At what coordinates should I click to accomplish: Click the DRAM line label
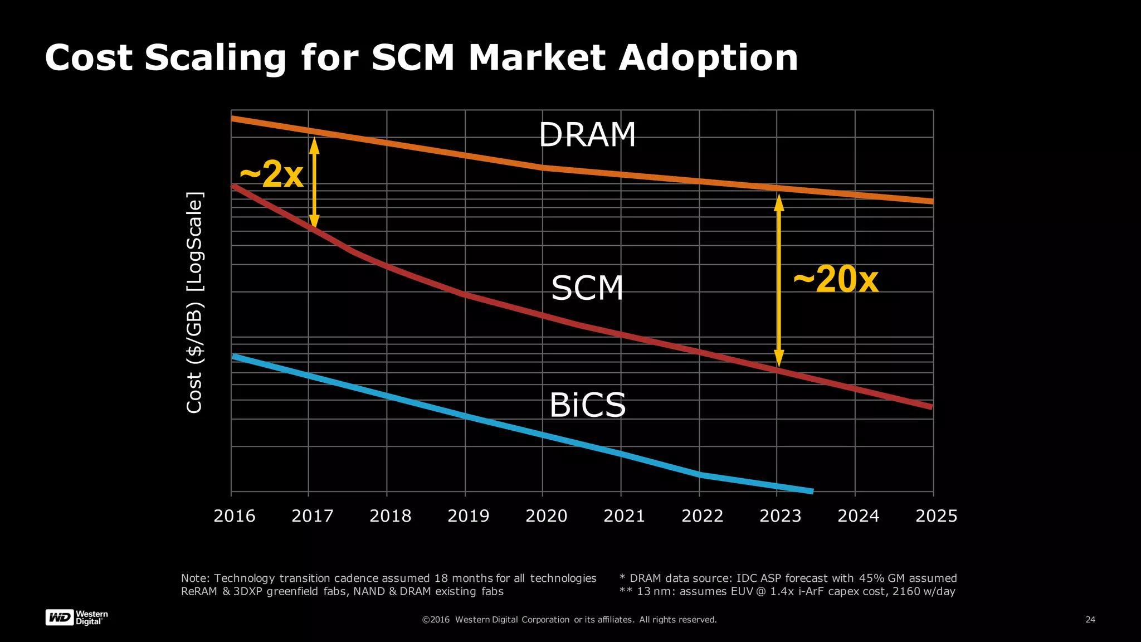coord(587,135)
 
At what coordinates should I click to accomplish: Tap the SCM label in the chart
coord(587,288)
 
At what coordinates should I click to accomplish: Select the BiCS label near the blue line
coord(587,405)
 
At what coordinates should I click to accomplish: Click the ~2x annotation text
coord(271,174)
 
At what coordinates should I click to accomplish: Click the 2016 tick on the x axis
coord(234,516)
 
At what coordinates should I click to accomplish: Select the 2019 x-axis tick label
coord(468,516)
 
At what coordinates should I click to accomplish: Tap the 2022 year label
coord(702,516)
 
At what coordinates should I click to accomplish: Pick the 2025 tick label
coord(936,516)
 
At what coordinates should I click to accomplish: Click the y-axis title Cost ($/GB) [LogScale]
coord(194,303)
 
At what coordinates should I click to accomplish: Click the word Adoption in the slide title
coord(708,57)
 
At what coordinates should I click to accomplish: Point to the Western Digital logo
coord(76,617)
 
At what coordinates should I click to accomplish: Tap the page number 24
coord(1090,620)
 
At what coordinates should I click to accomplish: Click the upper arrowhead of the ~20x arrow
coord(779,202)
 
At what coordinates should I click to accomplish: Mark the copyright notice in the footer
coord(569,620)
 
